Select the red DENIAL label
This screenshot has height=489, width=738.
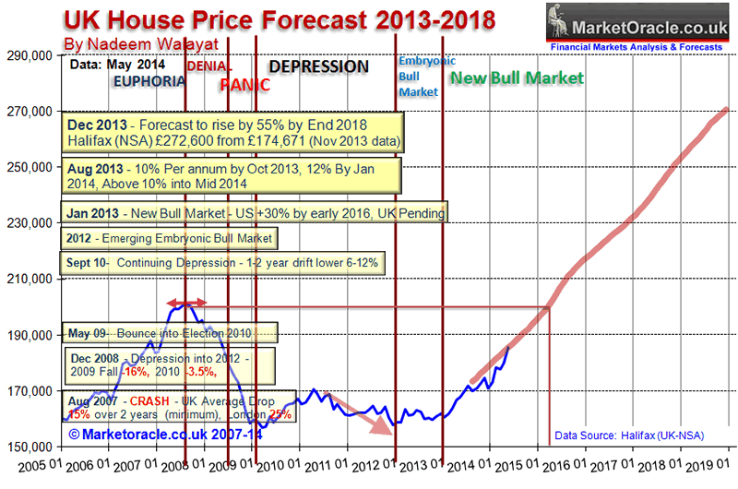(210, 66)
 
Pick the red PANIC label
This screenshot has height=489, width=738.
(244, 85)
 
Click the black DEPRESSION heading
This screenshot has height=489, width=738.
(318, 67)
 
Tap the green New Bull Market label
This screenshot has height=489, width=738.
(517, 78)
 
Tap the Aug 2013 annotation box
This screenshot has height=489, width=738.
(232, 175)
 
